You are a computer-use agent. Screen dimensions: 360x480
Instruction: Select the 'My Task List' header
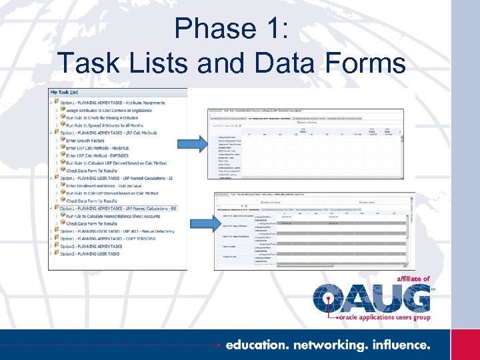65,92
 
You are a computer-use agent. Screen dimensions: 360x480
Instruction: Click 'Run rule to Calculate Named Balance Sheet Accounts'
113,216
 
